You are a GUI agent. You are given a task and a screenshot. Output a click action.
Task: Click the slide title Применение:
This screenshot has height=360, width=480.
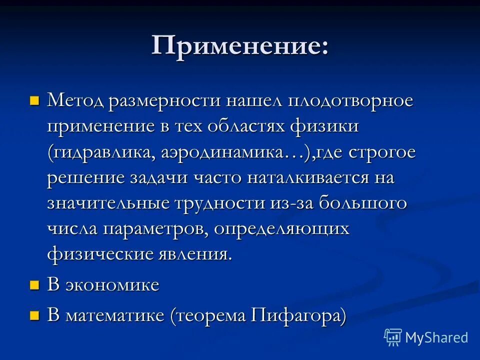[x=240, y=46]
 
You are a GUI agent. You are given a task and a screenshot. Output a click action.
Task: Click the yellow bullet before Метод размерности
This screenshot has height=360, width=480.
[x=34, y=100]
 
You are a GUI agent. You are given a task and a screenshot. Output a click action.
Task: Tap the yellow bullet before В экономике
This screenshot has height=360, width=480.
[x=34, y=285]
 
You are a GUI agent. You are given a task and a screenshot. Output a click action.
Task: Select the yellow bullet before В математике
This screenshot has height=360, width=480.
[x=34, y=315]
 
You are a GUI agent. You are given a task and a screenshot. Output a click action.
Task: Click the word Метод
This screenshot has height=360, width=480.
[x=75, y=100]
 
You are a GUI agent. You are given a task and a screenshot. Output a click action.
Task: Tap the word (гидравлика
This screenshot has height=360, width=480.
[x=100, y=153]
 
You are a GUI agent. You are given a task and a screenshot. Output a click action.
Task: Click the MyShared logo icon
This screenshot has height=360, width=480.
[x=393, y=337]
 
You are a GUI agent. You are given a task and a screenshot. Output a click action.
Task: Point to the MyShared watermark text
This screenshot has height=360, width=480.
[x=436, y=337]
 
